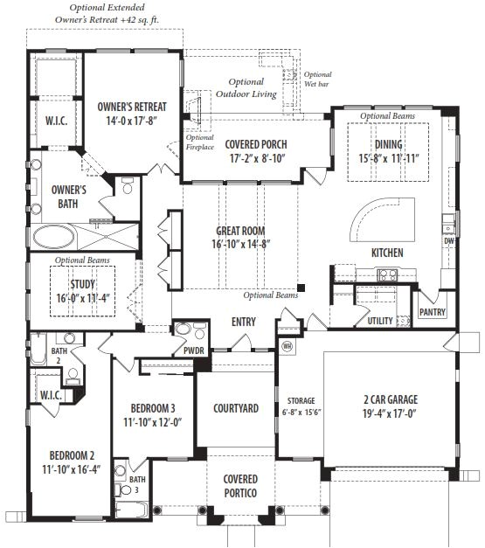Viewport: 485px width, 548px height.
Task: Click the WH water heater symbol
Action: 288,346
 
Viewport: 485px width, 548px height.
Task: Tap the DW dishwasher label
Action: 449,241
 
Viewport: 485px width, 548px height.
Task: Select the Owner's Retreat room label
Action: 132,107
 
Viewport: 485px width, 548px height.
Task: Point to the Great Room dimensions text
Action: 241,244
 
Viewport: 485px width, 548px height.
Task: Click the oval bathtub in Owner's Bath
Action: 54,238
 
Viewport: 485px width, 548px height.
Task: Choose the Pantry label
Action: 433,312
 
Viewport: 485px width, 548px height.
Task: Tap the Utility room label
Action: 380,321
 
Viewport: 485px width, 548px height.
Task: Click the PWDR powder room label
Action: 194,350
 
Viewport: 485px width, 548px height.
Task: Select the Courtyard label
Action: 236,408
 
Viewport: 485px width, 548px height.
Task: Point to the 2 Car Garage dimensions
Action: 389,413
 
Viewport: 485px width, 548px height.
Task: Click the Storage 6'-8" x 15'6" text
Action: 301,406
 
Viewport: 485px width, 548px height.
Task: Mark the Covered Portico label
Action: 240,486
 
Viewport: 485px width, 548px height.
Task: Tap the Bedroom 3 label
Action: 153,408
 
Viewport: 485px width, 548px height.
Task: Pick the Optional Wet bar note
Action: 317,79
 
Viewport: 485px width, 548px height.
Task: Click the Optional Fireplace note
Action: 200,142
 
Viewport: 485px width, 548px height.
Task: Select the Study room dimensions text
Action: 83,298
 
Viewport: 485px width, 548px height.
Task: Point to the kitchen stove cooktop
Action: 387,274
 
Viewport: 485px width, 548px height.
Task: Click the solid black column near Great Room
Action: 301,288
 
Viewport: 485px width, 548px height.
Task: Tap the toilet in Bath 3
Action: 122,490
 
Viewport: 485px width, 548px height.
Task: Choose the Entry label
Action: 244,322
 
